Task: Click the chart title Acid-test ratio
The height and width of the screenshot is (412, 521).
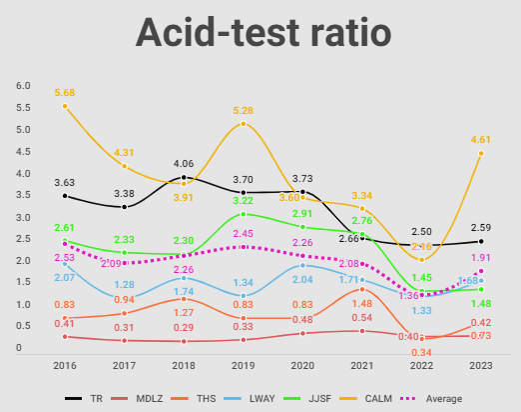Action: tap(263, 33)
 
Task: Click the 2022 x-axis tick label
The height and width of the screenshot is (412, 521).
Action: tap(422, 366)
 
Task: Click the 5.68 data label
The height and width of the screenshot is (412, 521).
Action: tap(66, 92)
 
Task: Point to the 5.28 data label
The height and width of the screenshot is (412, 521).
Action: tap(245, 110)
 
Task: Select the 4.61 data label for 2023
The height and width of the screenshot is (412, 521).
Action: tap(481, 139)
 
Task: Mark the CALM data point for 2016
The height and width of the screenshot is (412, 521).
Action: tap(65, 106)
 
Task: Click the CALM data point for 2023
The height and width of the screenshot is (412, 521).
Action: tap(481, 153)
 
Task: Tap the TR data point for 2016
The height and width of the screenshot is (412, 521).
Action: tap(65, 196)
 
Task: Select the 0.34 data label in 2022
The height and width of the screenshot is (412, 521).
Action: tap(421, 352)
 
